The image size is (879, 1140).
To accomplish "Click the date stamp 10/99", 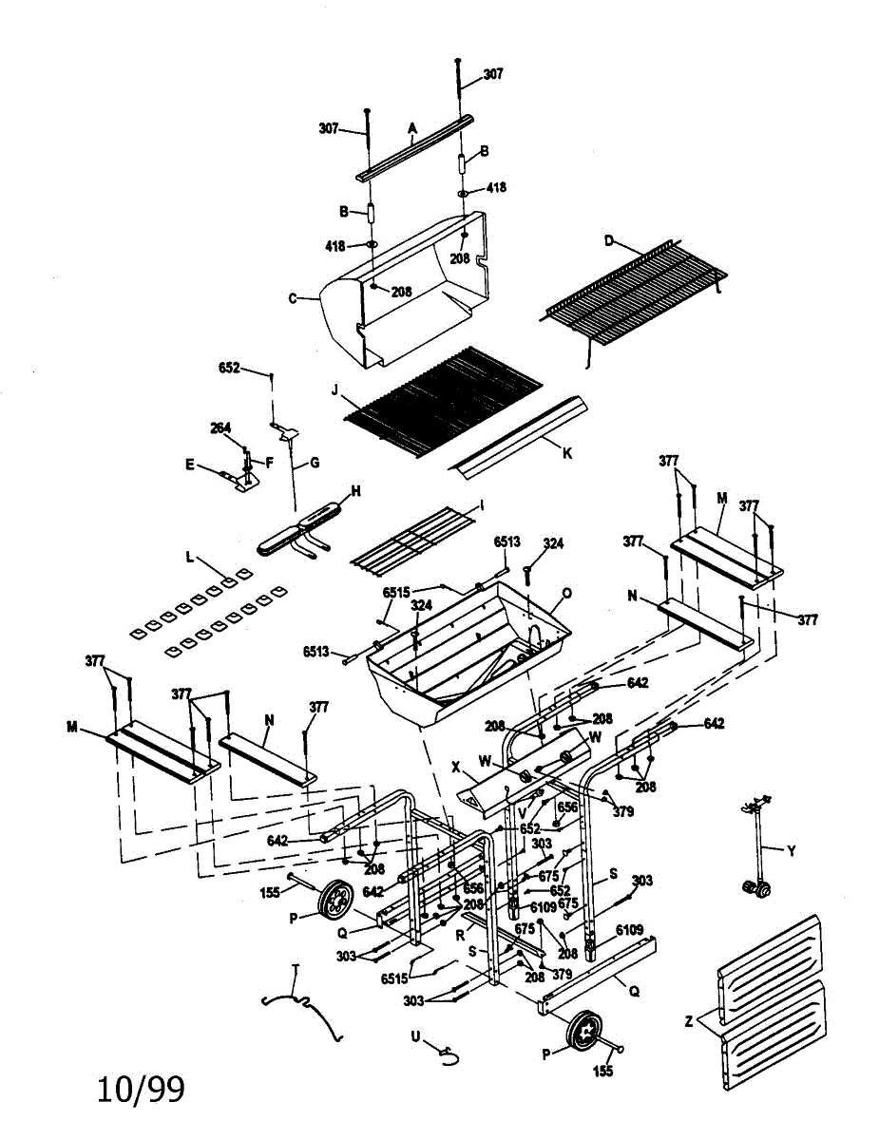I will click(141, 1089).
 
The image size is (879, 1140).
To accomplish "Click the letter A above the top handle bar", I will click(412, 127).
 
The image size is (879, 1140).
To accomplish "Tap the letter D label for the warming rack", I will click(608, 241).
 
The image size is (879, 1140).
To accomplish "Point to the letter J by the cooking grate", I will click(334, 388).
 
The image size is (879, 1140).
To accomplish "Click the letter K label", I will click(567, 453).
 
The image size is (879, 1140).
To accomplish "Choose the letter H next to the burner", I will click(356, 490).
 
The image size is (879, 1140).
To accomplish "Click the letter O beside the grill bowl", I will click(567, 594).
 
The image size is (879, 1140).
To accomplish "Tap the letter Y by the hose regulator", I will click(793, 848).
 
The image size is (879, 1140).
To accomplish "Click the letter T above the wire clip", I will click(295, 967).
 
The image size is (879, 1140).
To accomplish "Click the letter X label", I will click(456, 764).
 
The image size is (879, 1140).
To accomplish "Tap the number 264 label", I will click(220, 428).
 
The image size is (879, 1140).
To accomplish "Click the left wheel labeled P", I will click(334, 900).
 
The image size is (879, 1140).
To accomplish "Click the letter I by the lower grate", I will click(482, 506).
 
